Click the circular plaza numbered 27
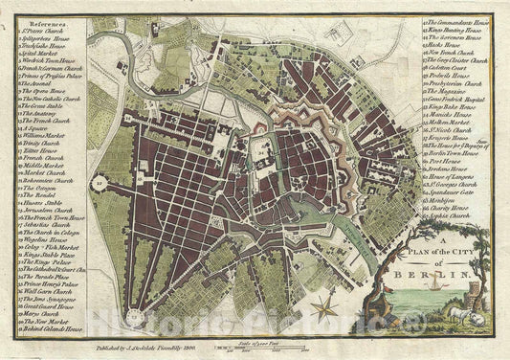pyautogui.click(x=99, y=179)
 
